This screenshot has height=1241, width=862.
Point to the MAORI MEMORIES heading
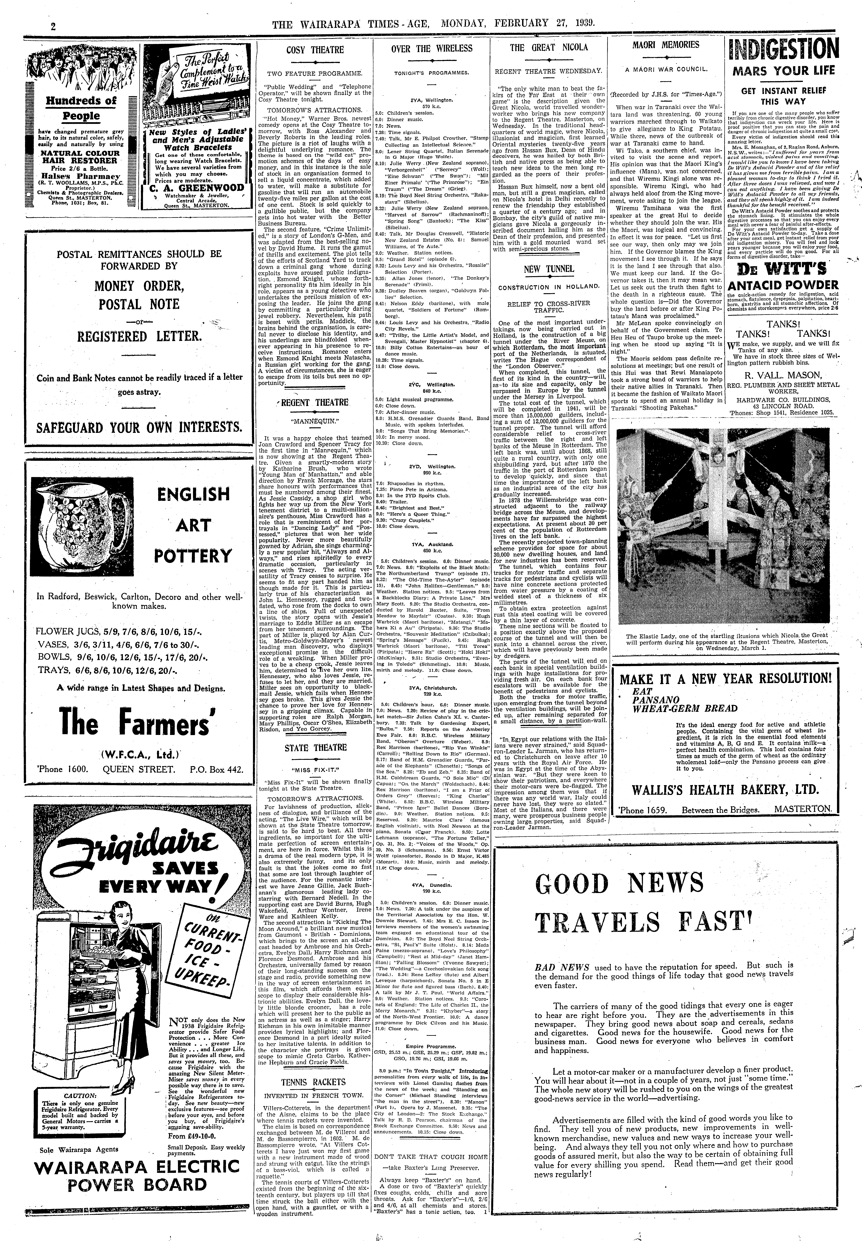[x=665, y=45]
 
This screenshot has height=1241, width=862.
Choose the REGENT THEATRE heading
[x=315, y=402]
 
